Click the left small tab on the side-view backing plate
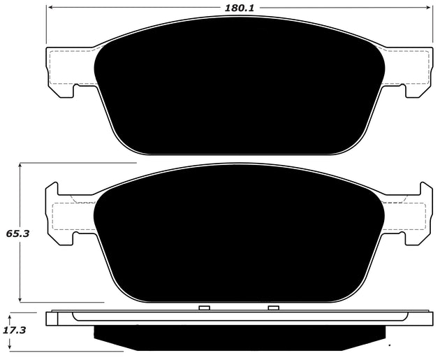[x=205, y=308]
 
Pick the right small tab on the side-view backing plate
[x=273, y=308]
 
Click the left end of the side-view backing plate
[x=51, y=318]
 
